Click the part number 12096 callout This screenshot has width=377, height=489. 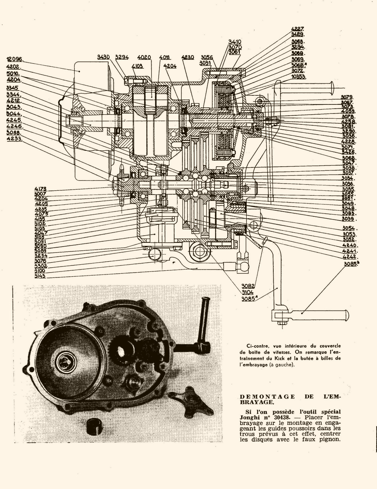pyautogui.click(x=15, y=59)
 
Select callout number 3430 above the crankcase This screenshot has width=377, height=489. pyautogui.click(x=103, y=57)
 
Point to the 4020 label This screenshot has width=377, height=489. pyautogui.click(x=144, y=57)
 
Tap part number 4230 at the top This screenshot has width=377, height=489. pyautogui.click(x=187, y=57)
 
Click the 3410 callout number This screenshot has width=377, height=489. pyautogui.click(x=234, y=42)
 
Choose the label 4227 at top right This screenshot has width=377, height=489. pyautogui.click(x=297, y=29)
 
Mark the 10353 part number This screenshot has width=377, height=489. pyautogui.click(x=298, y=77)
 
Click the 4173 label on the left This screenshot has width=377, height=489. pyautogui.click(x=40, y=189)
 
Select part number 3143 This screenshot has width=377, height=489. pyautogui.click(x=40, y=276)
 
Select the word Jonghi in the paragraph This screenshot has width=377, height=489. pyautogui.click(x=250, y=417)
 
